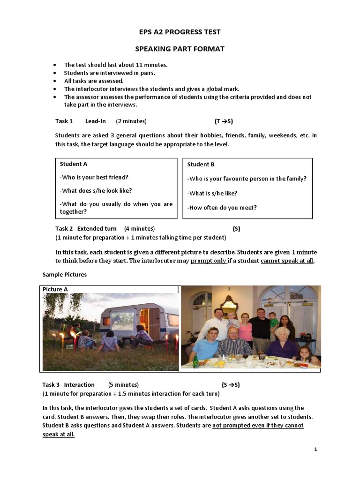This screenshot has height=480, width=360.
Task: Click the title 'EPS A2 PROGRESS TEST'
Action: tap(180, 32)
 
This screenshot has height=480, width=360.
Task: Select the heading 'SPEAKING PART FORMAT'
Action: tap(180, 48)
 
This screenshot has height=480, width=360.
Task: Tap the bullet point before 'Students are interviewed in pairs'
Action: tap(55, 73)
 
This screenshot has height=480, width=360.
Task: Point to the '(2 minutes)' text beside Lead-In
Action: tap(131, 121)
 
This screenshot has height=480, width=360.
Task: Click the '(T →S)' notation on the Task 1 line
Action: tap(224, 121)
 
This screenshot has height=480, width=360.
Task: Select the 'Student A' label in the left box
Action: tap(74, 164)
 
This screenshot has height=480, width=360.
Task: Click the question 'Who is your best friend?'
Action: tap(94, 177)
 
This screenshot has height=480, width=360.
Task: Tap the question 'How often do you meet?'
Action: tap(222, 208)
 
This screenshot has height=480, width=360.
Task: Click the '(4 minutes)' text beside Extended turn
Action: tap(139, 229)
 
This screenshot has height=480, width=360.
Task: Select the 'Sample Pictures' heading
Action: tap(65, 274)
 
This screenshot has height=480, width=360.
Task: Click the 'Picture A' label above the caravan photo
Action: tap(55, 289)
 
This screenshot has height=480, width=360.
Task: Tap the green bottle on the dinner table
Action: tap(196, 360)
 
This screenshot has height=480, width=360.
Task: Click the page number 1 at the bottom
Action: tap(316, 450)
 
